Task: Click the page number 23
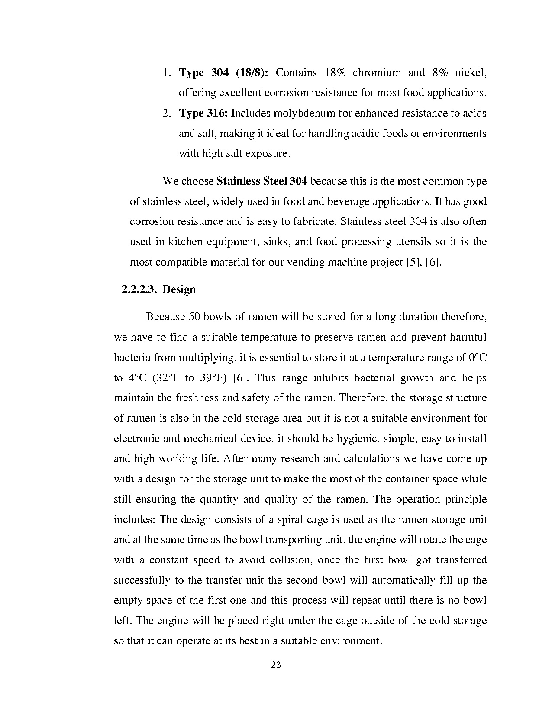pos(276,665)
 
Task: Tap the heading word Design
pos(179,289)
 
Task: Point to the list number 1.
pos(167,73)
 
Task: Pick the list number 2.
pos(167,113)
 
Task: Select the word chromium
pos(377,73)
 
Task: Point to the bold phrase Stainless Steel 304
pos(261,181)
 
